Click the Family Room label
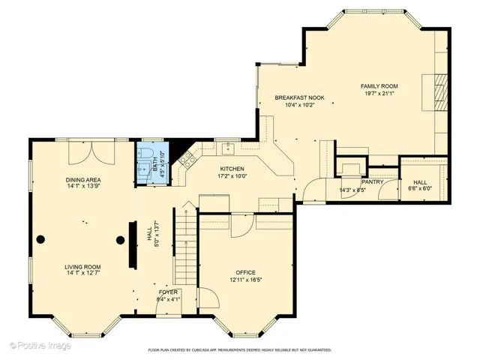point(379,86)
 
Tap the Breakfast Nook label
point(299,97)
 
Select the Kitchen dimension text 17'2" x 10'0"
point(232,176)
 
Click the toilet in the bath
point(145,152)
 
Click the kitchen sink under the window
point(228,148)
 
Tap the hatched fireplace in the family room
point(440,91)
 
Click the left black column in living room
point(40,239)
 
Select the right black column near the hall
point(120,240)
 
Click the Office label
point(245,272)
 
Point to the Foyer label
point(168,292)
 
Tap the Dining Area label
point(83,180)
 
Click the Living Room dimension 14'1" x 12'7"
point(82,273)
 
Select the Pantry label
point(372,181)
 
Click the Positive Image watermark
point(40,346)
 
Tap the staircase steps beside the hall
point(185,246)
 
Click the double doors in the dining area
point(91,152)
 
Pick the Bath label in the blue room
point(155,163)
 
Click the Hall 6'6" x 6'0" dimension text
point(420,188)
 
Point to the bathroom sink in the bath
point(143,168)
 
